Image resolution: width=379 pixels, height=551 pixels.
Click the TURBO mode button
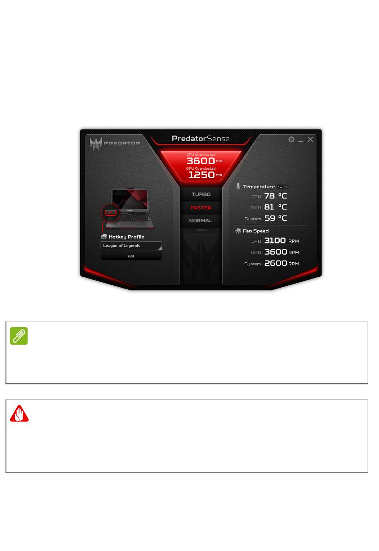[x=201, y=194]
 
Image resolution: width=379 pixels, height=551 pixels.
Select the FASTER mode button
[x=201, y=208]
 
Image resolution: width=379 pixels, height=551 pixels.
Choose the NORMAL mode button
[x=201, y=220]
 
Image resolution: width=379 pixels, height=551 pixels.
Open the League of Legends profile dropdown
[x=131, y=246]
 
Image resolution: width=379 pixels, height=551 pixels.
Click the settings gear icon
[x=291, y=139]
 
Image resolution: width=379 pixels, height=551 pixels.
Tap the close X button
[x=310, y=139]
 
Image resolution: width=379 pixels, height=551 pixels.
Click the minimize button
[x=301, y=140]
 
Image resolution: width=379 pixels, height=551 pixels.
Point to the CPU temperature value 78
[x=269, y=196]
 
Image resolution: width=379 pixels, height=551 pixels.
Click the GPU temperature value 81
[x=269, y=207]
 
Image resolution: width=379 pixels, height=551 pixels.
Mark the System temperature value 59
[x=270, y=218]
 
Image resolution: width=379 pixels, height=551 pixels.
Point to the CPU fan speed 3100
[x=275, y=241]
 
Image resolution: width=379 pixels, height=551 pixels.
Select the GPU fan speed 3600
[x=275, y=252]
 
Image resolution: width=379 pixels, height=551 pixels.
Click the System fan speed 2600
[x=275, y=263]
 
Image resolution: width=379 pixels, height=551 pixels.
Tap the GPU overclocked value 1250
[x=201, y=175]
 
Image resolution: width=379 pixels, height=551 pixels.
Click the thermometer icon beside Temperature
[x=238, y=186]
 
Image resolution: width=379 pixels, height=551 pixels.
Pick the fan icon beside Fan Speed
[x=238, y=231]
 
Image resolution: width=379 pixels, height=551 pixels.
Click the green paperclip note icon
[x=19, y=336]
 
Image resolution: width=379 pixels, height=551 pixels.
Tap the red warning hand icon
[x=19, y=414]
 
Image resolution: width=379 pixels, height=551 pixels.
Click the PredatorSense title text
[x=201, y=139]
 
